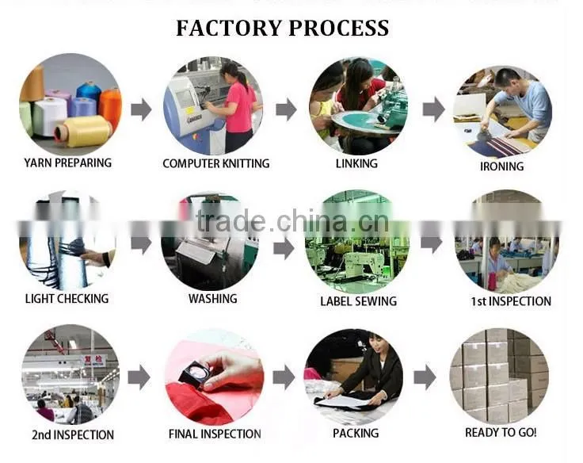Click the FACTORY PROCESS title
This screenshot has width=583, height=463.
tap(283, 29)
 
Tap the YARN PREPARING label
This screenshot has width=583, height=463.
tap(67, 163)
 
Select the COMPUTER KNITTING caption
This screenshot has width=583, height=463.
tap(216, 163)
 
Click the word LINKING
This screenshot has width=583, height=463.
tap(356, 163)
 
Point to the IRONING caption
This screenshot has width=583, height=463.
tap(502, 166)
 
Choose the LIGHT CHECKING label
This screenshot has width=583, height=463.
tap(67, 299)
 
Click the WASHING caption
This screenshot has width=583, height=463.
tap(212, 299)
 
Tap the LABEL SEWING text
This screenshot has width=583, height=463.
tap(358, 301)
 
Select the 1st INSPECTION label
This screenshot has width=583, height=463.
tap(511, 301)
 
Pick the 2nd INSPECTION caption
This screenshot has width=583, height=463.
tap(73, 434)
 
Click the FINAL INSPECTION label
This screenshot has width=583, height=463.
tap(215, 434)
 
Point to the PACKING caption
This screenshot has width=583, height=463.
tap(356, 433)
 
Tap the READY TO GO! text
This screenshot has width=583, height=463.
tap(501, 433)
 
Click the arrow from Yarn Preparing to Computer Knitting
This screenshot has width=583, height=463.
tap(142, 109)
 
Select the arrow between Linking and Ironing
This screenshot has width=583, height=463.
tap(434, 109)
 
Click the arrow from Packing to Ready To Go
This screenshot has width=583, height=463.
tap(425, 377)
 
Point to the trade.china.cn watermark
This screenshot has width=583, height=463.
tap(292, 222)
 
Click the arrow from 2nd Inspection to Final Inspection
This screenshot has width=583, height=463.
tap(139, 377)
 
